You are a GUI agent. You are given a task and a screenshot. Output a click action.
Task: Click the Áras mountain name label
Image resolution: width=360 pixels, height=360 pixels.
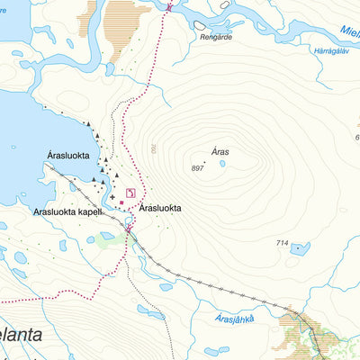click(x=221, y=152)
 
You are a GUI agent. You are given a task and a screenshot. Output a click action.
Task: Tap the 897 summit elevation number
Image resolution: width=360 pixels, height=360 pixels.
click(x=198, y=168)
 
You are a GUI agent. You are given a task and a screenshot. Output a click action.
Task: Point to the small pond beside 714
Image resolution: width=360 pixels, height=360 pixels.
click(x=301, y=248)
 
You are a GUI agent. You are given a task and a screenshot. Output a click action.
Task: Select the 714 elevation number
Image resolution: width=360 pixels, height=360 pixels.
click(x=282, y=244)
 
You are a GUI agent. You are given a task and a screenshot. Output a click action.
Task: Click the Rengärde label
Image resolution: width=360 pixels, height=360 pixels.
click(x=217, y=38)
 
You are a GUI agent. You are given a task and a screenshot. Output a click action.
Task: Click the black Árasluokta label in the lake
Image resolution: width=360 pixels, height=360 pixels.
click(x=68, y=156)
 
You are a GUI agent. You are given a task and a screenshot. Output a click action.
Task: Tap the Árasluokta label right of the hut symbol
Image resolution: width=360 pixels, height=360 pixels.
click(x=161, y=208)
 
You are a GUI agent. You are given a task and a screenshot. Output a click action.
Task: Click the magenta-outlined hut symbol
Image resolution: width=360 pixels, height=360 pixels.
click(x=131, y=193)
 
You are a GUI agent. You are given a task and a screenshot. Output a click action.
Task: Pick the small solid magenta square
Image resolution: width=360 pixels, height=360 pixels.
click(x=122, y=202)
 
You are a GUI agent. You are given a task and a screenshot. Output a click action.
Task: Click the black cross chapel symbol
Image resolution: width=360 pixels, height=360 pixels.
click(x=112, y=197)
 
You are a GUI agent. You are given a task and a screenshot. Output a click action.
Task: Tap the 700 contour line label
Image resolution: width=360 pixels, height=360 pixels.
click(x=154, y=148)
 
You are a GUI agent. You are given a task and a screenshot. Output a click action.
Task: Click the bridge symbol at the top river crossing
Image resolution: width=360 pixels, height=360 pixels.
click(x=169, y=7)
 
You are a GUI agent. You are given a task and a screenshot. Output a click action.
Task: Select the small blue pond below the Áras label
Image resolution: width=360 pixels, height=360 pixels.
click(x=222, y=164)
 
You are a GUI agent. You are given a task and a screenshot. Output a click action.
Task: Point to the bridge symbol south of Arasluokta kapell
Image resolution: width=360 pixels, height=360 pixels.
click(x=129, y=229)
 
